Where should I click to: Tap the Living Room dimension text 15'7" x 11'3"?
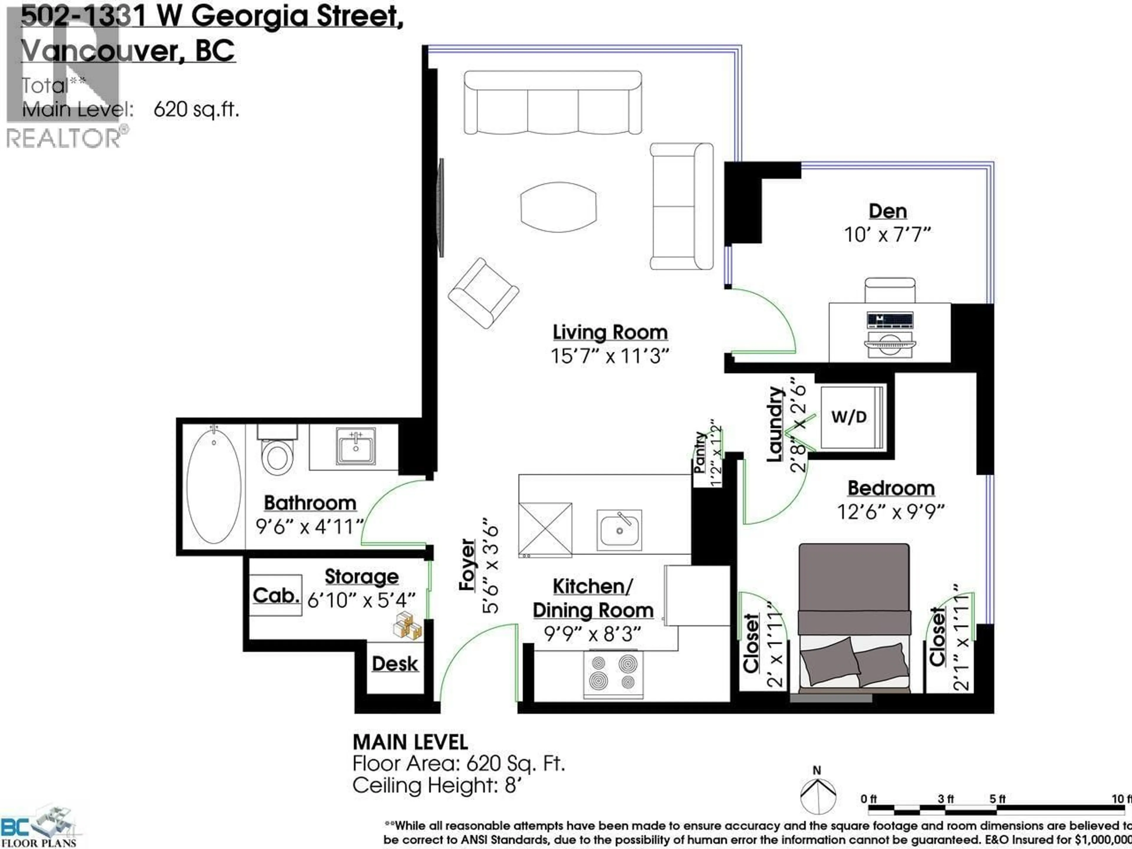[x=610, y=356]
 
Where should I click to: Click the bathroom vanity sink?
[x=356, y=446]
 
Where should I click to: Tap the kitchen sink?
[x=619, y=530]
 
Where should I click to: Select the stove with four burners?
[x=613, y=674]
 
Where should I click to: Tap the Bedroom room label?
[x=891, y=488]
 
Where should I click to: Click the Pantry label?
[x=700, y=453]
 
